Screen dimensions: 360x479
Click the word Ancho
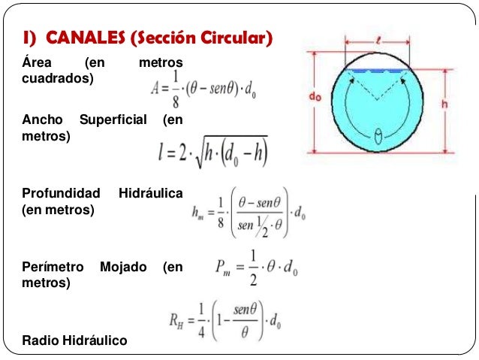[x=43, y=119]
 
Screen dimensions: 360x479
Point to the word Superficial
[x=113, y=119]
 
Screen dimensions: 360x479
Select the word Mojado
[x=123, y=267]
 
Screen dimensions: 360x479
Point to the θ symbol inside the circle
[x=378, y=136]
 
